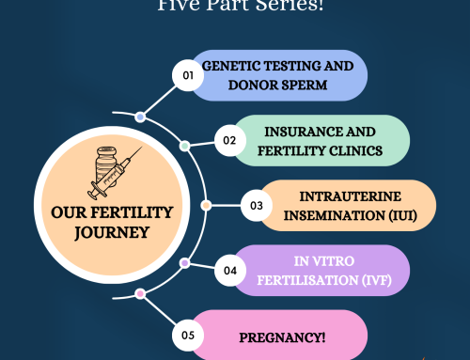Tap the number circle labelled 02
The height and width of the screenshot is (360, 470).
tap(228, 141)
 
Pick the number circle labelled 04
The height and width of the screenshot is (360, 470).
tap(228, 268)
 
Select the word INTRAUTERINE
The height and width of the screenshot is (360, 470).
tap(342, 196)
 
